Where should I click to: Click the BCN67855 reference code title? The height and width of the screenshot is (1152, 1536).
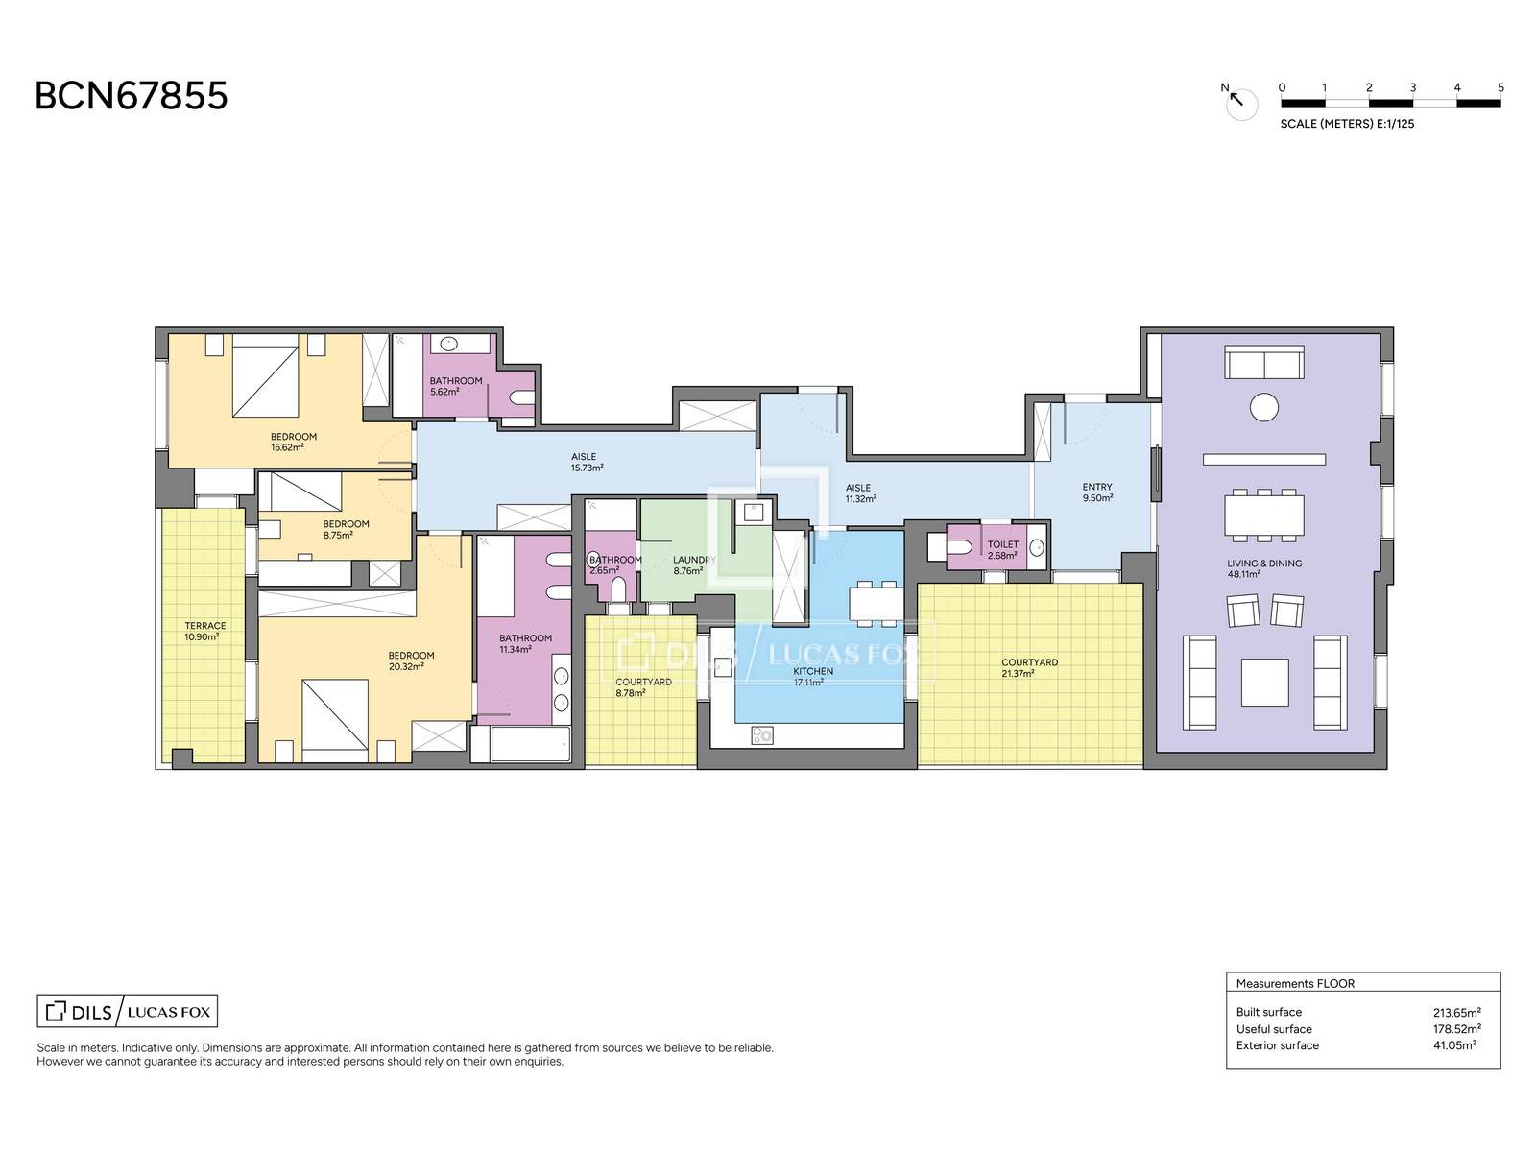pos(131,96)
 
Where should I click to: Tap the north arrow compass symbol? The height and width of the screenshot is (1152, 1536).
pos(1240,102)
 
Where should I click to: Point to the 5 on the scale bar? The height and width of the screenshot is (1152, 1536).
pos(1500,87)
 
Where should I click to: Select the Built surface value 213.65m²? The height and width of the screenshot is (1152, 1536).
pos(1457,1012)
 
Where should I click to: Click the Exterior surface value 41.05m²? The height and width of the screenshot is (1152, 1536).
pos(1454,1045)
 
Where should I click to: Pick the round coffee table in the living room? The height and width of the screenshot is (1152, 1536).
pos(1263,407)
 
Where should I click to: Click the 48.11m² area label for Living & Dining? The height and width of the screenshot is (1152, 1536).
pos(1243,574)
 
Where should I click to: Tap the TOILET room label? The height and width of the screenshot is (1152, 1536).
pos(1003,544)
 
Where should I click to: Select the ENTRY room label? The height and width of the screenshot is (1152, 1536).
pos(1096,487)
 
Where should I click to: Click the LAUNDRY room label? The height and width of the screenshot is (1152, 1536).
pos(694,560)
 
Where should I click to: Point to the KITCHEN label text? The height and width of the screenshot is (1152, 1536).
pos(812,671)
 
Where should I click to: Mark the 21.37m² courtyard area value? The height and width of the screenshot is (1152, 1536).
pos(1018,674)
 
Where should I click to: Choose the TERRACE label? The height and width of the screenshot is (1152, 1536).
pos(205,626)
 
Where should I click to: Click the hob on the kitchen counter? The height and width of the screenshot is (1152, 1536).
pos(762,735)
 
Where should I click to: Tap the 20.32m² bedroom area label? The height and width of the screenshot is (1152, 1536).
pos(406,666)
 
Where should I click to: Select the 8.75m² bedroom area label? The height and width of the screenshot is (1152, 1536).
pos(337,535)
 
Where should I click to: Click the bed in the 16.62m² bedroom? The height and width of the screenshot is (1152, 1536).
pos(265,375)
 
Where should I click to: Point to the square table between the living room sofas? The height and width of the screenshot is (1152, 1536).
pos(1264,682)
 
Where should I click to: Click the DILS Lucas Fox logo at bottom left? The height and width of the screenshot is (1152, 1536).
pos(128,1012)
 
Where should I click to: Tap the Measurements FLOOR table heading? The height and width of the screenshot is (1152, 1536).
pos(1295,983)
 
